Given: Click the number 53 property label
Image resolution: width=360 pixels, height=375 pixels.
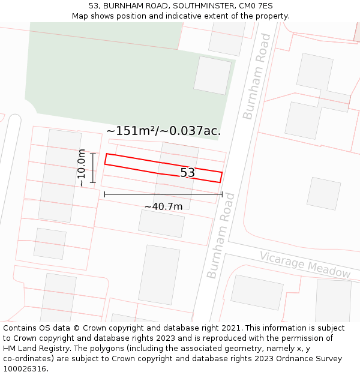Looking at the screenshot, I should click(188, 173).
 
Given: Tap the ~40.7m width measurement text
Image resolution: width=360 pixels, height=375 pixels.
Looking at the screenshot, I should click(163, 206).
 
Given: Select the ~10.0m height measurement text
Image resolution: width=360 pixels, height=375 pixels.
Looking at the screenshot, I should click(82, 169).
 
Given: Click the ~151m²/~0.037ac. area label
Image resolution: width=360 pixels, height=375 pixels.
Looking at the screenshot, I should click(163, 131).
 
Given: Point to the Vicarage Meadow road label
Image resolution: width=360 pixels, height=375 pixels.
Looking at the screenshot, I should click(305, 265).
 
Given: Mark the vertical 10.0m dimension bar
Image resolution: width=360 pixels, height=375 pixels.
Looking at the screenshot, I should click(93, 168).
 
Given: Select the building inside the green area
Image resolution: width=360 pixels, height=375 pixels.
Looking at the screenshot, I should click(212, 76).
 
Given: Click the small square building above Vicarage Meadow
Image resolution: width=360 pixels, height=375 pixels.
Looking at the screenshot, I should click(323, 193).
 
